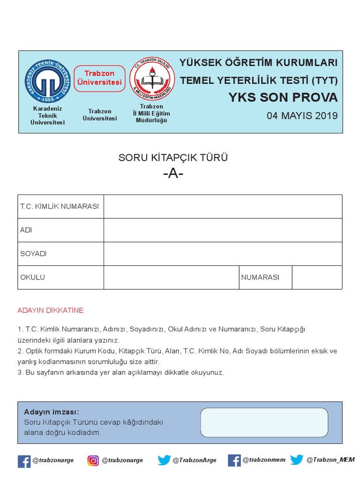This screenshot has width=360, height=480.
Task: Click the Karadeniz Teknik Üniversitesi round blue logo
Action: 47,82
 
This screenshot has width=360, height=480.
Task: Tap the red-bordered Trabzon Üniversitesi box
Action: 100,78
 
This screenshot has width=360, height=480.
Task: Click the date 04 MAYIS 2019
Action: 302,116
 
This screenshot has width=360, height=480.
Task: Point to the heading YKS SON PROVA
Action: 283,97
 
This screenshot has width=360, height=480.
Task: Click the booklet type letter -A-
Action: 173,173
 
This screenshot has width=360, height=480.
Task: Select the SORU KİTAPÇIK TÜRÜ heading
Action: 173,157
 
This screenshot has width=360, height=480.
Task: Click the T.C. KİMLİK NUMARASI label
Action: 60,206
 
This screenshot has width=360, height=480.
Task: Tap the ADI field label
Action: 26,230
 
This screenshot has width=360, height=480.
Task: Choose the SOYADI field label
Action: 33,254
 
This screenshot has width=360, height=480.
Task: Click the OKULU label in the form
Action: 32,277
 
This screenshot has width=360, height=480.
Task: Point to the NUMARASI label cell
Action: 260,277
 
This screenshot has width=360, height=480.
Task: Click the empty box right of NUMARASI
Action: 317,277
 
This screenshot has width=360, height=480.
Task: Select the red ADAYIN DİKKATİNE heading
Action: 50,310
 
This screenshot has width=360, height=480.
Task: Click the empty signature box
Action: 264,422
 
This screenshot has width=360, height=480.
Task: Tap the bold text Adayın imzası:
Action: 52,412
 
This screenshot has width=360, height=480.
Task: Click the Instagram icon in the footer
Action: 93,460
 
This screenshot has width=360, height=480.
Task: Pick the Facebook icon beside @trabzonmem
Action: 234,460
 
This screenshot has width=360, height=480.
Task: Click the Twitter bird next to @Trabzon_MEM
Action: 297,460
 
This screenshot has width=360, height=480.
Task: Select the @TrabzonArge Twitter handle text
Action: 195,460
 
